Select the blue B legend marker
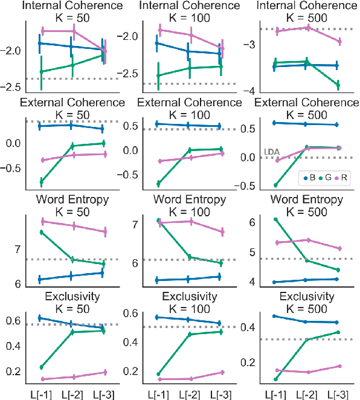click(306, 178)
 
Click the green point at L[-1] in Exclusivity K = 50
click(40, 367)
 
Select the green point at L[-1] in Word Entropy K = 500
click(275, 219)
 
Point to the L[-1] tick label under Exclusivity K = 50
click(40, 393)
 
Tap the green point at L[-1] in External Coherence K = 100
click(159, 184)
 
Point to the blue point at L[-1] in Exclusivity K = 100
click(159, 317)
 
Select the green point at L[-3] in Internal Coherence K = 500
click(338, 85)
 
